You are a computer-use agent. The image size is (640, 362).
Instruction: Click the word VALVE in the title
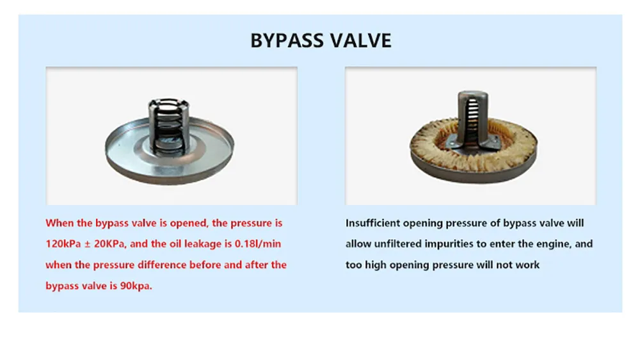tap(360, 40)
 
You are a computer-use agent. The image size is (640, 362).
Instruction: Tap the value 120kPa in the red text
tap(63, 244)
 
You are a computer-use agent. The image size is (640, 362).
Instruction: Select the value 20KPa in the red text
tap(109, 244)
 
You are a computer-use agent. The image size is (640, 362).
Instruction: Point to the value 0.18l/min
tap(258, 244)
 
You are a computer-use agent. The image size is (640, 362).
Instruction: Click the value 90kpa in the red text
tap(136, 286)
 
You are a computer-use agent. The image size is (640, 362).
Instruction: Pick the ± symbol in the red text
tap(87, 244)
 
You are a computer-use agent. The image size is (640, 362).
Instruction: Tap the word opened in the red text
tap(189, 224)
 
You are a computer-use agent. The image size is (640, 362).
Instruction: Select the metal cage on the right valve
tap(472, 119)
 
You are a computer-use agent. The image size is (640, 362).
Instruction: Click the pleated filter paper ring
tap(474, 153)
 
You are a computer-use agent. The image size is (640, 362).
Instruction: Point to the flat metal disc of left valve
tap(170, 163)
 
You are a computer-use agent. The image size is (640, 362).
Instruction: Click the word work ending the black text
tap(527, 265)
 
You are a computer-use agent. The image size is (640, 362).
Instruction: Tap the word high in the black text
tap(376, 265)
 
